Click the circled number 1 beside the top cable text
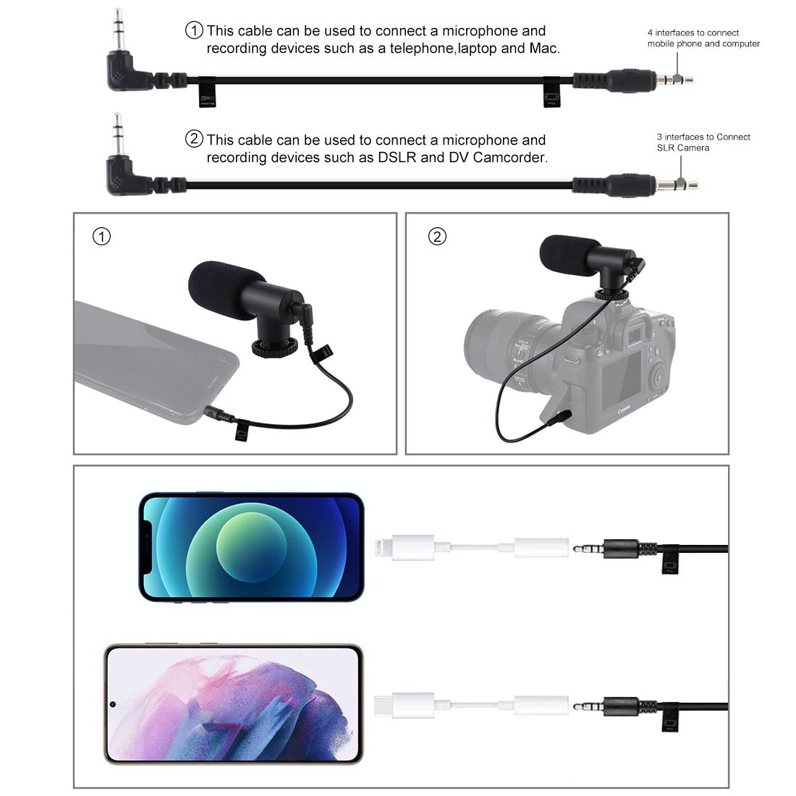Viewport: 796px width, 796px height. (x=195, y=30)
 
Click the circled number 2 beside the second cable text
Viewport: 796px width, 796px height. (x=195, y=139)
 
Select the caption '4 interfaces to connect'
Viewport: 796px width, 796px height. (x=693, y=33)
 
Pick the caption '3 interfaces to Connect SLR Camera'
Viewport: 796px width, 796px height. (x=703, y=142)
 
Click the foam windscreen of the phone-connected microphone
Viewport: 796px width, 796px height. (x=221, y=284)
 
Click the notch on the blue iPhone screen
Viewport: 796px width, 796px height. (x=148, y=547)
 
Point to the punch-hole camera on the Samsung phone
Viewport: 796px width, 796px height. (x=114, y=704)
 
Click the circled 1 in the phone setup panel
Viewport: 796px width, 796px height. (x=102, y=237)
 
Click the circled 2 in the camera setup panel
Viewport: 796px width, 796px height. (x=437, y=237)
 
